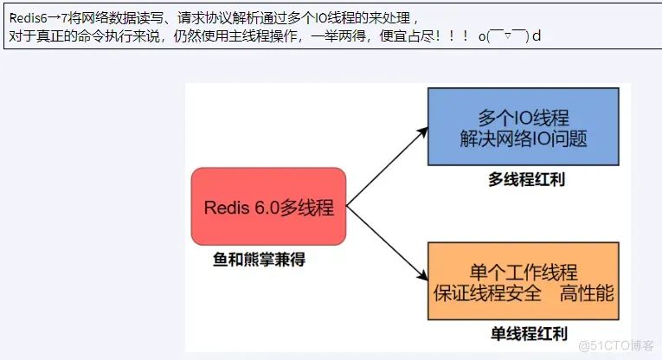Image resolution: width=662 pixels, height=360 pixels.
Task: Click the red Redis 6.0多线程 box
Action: tap(268, 208)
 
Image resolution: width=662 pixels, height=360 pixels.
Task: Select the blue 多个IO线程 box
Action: tap(524, 127)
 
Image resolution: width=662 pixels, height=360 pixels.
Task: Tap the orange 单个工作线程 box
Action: tap(524, 282)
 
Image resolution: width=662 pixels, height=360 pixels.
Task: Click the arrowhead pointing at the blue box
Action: tap(422, 132)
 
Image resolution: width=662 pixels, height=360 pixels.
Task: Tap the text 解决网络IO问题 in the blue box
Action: tap(524, 139)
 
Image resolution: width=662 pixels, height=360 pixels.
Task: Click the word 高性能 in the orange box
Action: tap(587, 292)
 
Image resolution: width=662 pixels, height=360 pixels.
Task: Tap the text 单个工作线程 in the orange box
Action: tap(524, 272)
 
